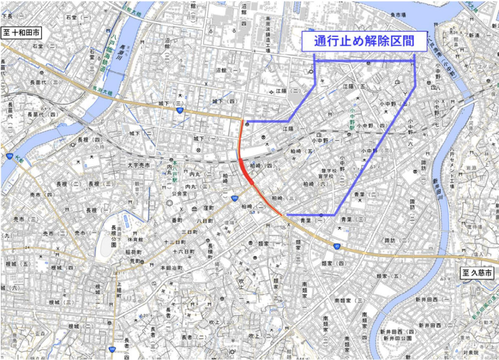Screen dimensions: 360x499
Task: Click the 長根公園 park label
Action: (114, 236)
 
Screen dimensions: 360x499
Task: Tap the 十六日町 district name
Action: (184, 252)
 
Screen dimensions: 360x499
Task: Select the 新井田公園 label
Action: (397, 338)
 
